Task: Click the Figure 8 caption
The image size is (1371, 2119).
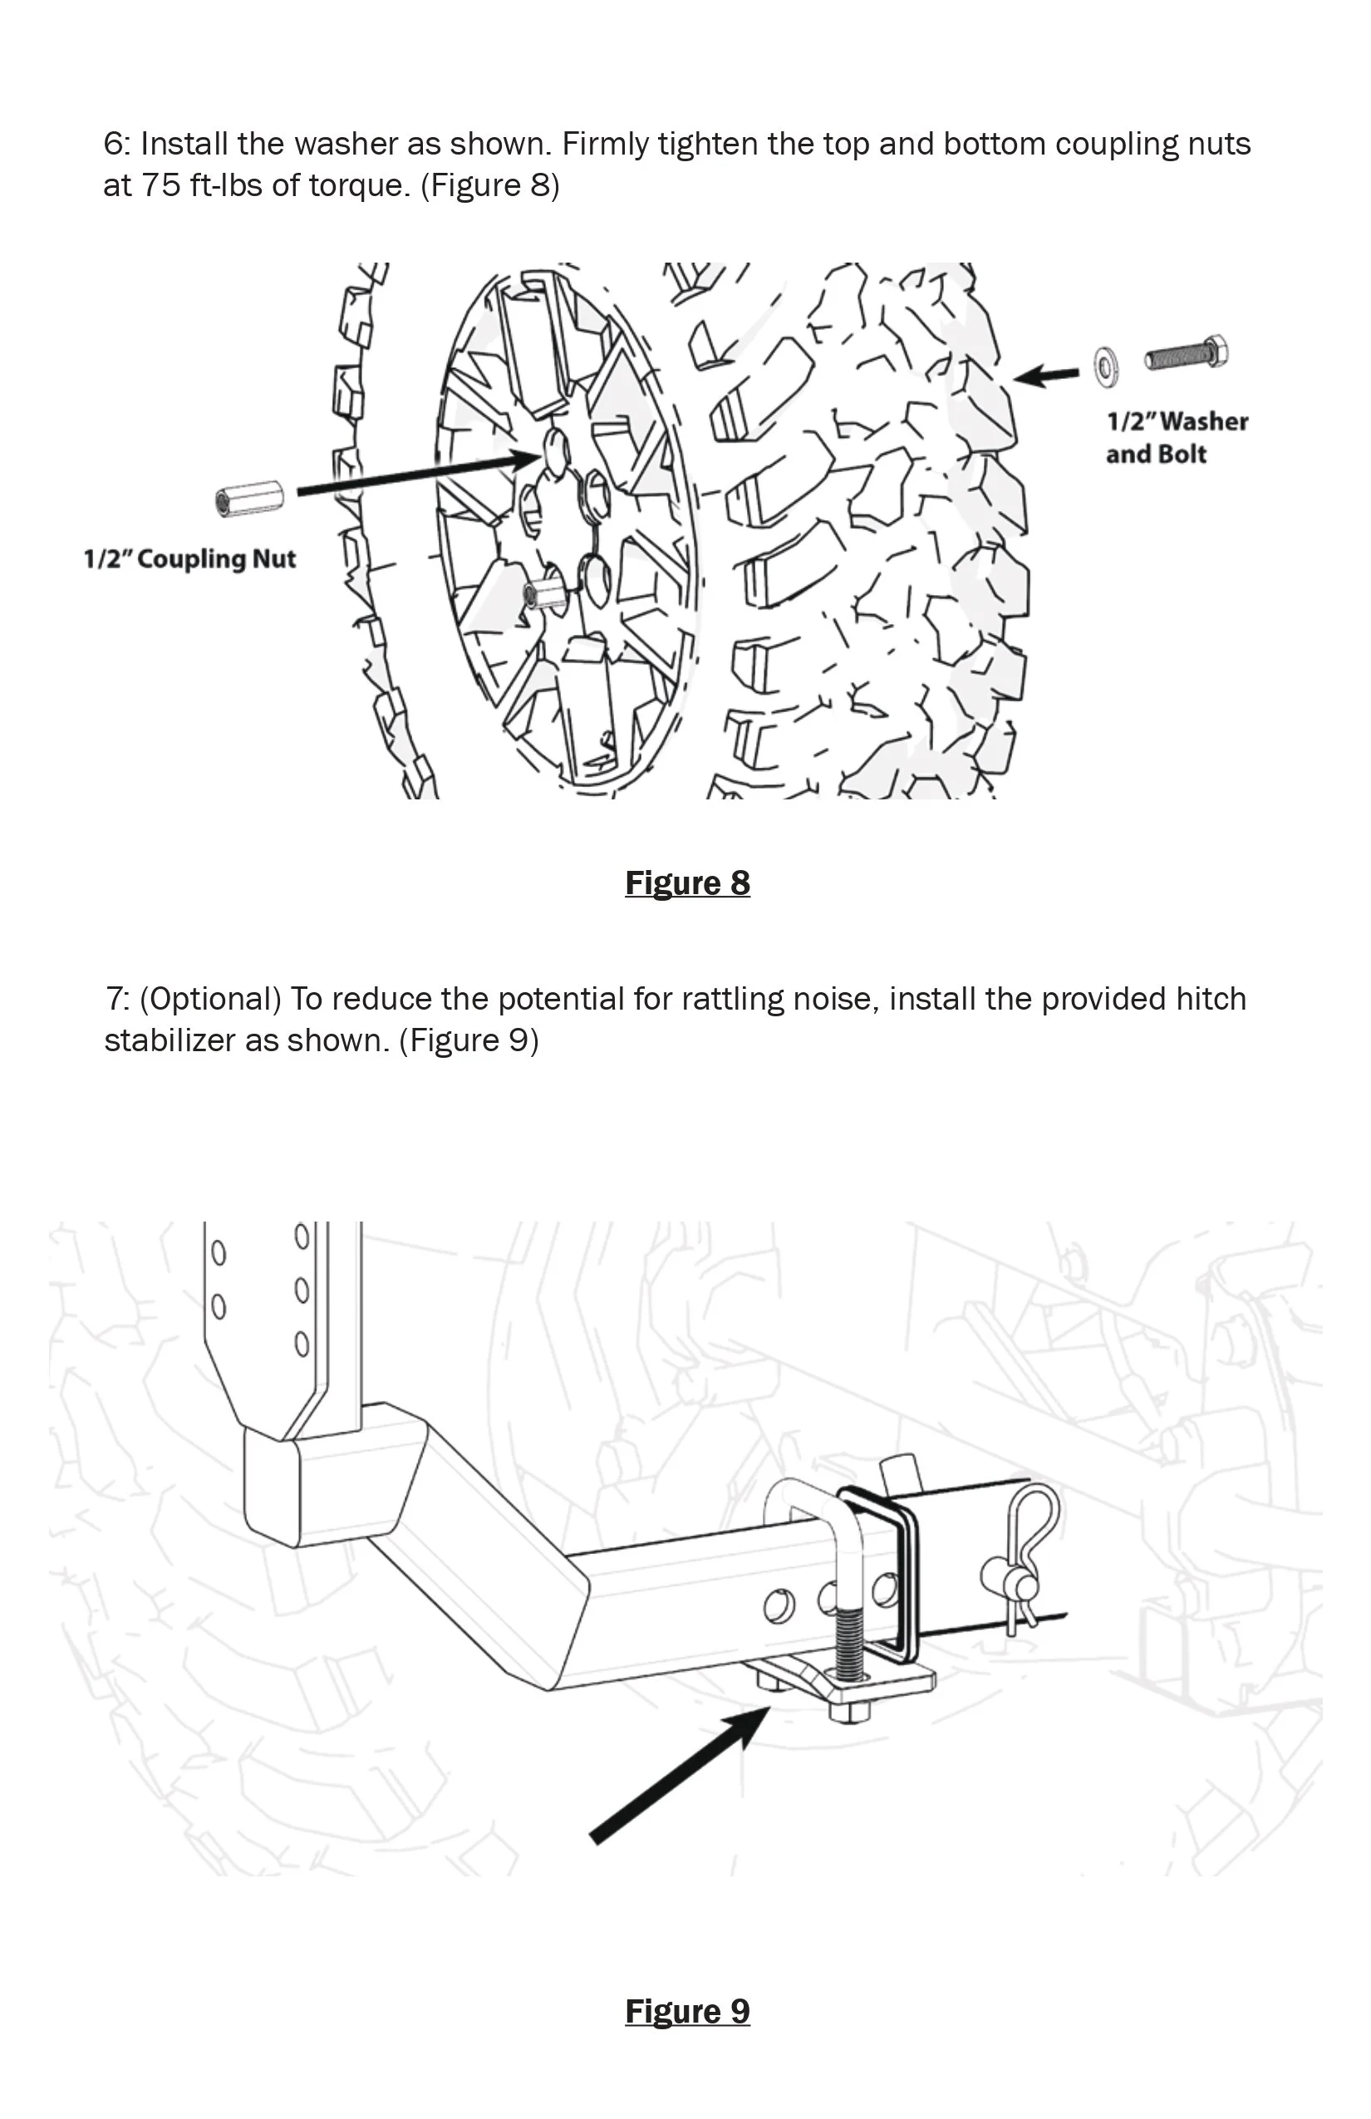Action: [687, 883]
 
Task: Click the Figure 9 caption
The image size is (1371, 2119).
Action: [687, 2011]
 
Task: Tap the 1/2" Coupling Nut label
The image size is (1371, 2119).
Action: [189, 559]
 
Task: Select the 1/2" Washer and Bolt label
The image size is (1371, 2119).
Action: [1176, 437]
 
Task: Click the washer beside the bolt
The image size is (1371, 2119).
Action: [1107, 366]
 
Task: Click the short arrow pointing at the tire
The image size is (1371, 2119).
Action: [1047, 376]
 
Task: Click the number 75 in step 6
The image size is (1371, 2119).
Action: [161, 185]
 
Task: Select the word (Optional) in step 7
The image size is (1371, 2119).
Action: [210, 999]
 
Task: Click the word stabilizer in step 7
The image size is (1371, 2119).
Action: [170, 1040]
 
